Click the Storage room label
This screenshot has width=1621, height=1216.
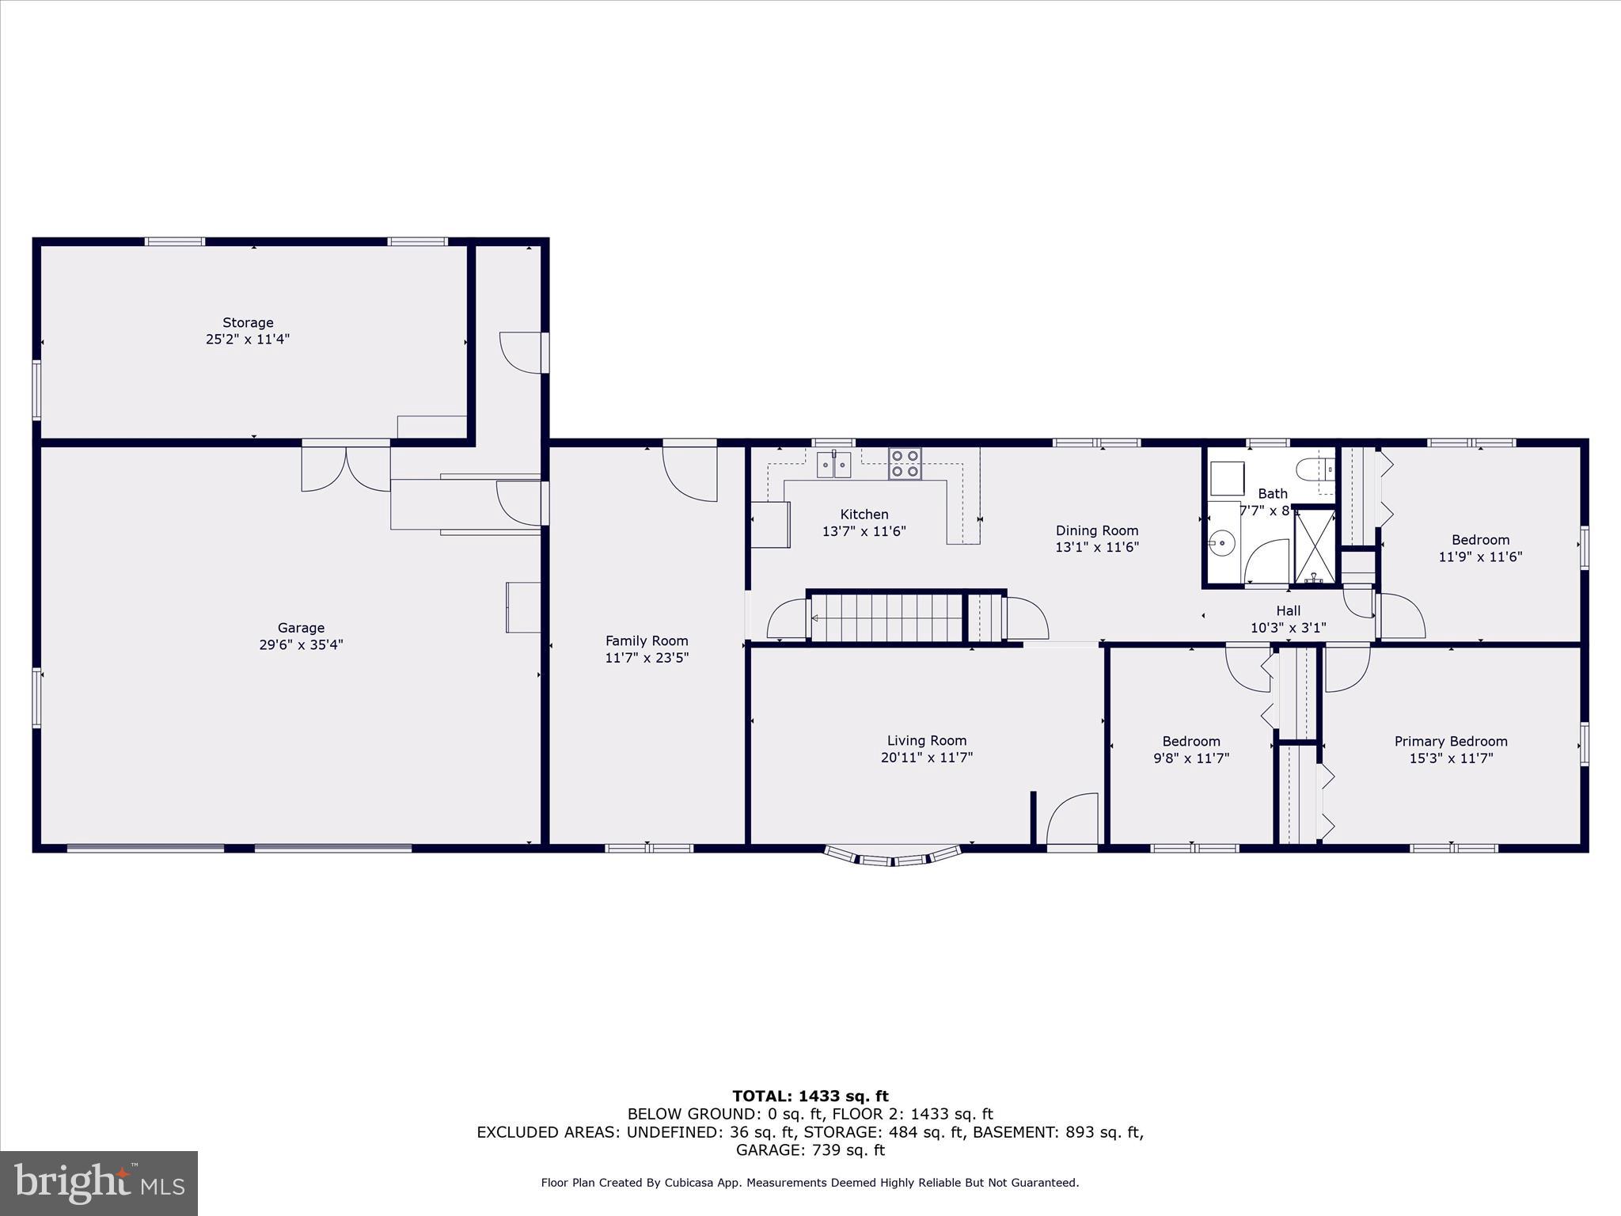[x=248, y=322]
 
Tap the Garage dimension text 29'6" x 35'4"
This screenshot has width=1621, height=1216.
[x=301, y=645]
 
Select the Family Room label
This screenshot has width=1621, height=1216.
[x=647, y=641]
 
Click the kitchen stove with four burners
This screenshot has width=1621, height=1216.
[x=905, y=464]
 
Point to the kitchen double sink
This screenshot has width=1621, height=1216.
[x=833, y=465]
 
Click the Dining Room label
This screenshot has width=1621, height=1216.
[x=1096, y=530]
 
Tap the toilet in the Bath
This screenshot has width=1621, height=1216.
[x=1316, y=469]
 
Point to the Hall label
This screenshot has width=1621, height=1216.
[x=1288, y=611]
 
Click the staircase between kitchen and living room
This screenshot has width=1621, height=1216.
[x=886, y=617]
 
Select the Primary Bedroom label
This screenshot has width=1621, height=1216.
[x=1450, y=742]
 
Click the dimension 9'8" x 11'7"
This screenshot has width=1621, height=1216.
[x=1190, y=758]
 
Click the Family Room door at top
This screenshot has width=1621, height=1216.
[x=690, y=473]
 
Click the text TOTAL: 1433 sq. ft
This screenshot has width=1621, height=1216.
[x=810, y=1096]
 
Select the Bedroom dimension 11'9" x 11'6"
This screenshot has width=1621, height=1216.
[x=1479, y=557]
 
